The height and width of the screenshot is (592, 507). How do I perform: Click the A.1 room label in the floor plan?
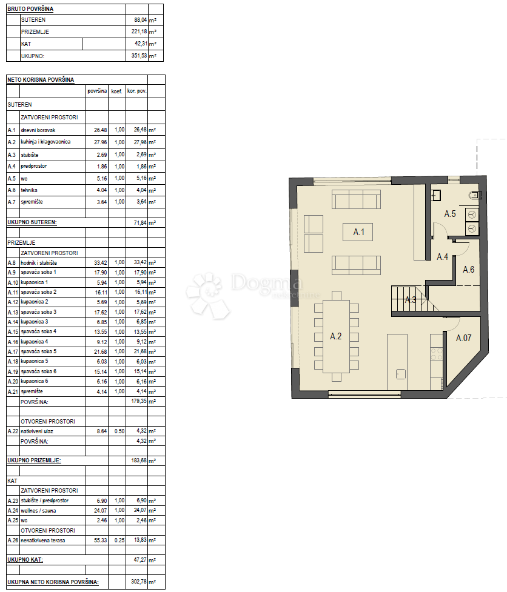tap(358, 232)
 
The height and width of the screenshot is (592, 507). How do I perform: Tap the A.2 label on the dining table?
tap(335, 336)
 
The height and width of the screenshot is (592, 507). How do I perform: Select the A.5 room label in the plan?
tap(449, 214)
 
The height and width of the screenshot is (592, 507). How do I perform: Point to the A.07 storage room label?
tap(463, 338)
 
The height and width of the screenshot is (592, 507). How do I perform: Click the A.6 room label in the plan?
tap(468, 270)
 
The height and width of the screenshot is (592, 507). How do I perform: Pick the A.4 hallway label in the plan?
tap(442, 257)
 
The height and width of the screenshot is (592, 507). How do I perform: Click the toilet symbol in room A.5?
tap(474, 195)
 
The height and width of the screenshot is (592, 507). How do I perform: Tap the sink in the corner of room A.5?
tap(436, 195)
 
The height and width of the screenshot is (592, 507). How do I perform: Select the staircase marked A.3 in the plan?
tap(409, 299)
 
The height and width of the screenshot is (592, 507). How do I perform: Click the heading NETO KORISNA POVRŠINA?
tap(41, 79)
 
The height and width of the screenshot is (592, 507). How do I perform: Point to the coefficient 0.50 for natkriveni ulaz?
tap(119, 431)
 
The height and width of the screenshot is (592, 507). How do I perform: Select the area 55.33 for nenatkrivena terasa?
tap(101, 540)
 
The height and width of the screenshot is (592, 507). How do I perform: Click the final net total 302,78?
tap(139, 582)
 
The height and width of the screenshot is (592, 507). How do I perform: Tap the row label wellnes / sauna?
tap(38, 510)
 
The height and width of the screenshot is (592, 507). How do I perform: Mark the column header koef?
tap(116, 91)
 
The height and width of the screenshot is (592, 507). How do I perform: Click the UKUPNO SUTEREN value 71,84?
tap(140, 223)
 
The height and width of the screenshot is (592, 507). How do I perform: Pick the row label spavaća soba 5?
tap(39, 351)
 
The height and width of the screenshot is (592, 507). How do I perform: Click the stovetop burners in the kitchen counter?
tap(437, 353)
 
